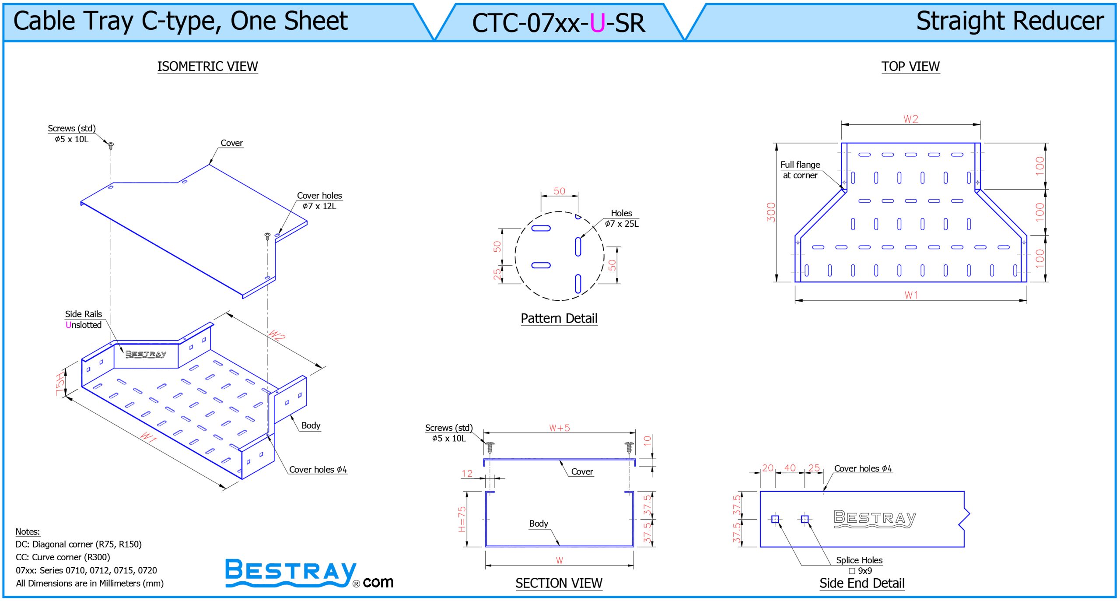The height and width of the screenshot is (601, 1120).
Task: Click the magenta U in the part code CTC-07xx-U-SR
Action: click(597, 23)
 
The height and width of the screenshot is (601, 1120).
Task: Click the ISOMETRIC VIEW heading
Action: click(207, 66)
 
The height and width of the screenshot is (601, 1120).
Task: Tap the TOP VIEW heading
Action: click(910, 66)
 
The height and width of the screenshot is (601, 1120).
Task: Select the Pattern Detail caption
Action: click(559, 318)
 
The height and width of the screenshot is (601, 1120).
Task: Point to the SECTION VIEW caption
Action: click(559, 583)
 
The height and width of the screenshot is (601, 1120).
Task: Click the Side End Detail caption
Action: click(862, 583)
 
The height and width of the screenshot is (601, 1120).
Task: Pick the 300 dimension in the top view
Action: click(771, 212)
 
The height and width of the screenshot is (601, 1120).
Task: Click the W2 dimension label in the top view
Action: click(911, 119)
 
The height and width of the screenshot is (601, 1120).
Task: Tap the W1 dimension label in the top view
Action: click(911, 295)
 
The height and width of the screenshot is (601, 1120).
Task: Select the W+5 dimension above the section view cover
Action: click(560, 428)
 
